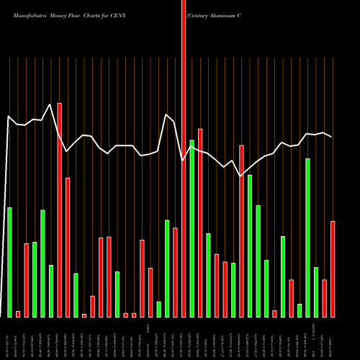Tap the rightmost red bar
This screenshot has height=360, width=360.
pos(333,269)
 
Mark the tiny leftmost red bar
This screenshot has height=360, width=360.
pos(18,314)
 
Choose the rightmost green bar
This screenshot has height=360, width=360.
pos(316,292)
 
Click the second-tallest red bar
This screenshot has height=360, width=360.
pos(60,210)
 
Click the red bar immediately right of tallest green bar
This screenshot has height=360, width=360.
pos(200,222)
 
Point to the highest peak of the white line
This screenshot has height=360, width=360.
pos(50,104)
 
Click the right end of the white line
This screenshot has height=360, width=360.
pos(332,137)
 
